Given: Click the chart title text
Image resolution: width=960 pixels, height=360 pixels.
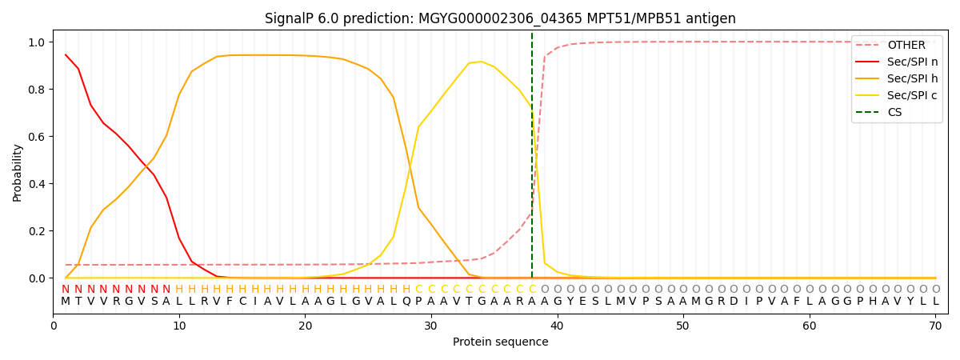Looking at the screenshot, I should coord(500,18).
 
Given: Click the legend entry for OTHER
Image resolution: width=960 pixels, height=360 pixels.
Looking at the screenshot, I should coord(906,46).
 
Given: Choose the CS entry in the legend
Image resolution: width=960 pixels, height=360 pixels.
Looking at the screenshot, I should coord(894,113).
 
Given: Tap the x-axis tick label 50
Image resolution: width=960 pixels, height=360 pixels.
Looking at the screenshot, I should coord(682,326).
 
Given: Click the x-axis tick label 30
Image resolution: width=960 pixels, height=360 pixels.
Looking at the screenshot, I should coord(430,326).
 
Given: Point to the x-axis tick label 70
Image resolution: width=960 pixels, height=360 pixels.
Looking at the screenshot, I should coord(934,326).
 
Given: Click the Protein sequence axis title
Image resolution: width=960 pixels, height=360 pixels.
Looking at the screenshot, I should coord(500,342).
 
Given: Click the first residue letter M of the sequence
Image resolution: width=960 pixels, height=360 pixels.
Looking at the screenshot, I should coord(66,302).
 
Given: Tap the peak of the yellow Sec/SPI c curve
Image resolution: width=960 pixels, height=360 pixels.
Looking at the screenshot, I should coord(481,62).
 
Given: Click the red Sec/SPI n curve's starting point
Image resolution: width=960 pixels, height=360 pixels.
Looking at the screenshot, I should coord(66,55).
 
